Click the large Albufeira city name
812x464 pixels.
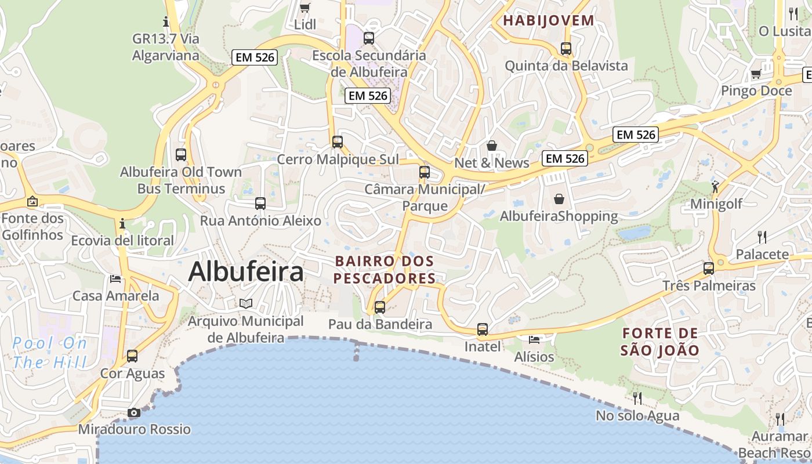(x=245, y=271)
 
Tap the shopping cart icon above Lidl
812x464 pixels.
(x=304, y=8)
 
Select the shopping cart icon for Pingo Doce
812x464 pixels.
(x=756, y=74)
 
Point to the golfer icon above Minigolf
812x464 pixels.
(x=715, y=187)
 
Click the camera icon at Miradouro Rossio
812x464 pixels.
(x=134, y=412)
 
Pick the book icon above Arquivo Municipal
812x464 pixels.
(x=246, y=303)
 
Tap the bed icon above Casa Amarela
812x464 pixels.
(x=115, y=278)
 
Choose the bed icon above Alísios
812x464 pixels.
(x=534, y=339)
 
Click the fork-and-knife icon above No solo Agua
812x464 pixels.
(x=637, y=398)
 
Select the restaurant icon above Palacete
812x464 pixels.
(x=762, y=237)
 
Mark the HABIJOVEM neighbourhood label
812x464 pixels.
(x=549, y=21)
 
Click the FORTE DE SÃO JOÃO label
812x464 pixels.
(x=660, y=342)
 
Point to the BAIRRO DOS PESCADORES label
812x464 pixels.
(x=384, y=270)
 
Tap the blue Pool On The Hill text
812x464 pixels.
(x=50, y=353)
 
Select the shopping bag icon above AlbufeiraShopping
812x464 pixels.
(x=559, y=199)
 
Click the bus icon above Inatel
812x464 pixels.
(x=483, y=329)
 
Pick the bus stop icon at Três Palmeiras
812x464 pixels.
(x=709, y=268)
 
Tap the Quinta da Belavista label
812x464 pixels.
(x=566, y=66)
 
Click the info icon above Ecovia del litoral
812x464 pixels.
(x=122, y=223)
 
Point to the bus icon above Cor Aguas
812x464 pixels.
(x=132, y=356)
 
